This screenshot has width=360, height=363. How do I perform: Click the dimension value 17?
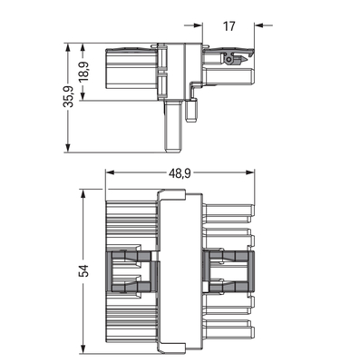pyautogui.click(x=229, y=25)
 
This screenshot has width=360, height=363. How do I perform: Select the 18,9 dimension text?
pyautogui.click(x=83, y=71)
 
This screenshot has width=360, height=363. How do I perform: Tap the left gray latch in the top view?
pyautogui.click(x=131, y=272)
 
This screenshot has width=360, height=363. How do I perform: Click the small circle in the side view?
pyautogui.click(x=229, y=59)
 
